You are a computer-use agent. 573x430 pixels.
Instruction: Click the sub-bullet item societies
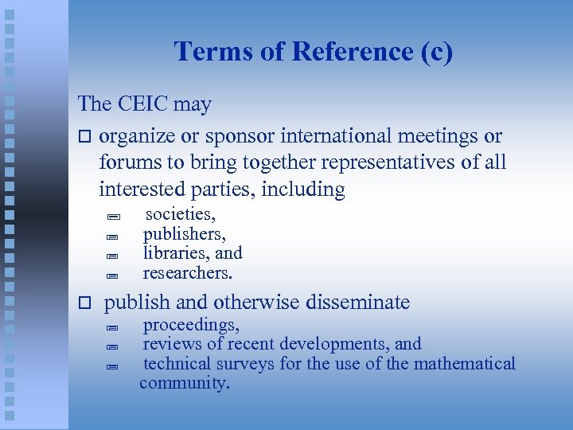pos(180,214)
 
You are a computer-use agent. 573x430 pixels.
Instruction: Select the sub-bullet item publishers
pos(184,234)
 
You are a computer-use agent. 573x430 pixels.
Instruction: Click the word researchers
pos(187,272)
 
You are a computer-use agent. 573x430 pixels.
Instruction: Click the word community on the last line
pos(184,383)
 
